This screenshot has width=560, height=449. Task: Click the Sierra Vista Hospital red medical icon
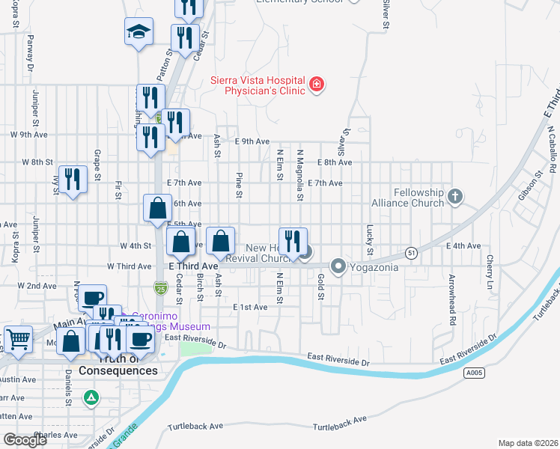(317, 84)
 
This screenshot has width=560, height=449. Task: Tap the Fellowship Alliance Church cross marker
(454, 198)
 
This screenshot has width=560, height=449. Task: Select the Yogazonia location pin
(338, 266)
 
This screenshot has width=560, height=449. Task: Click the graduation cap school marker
(139, 31)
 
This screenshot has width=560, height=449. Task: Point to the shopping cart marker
(18, 339)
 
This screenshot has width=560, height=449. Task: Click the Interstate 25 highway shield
(160, 287)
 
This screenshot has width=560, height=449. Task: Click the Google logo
(25, 440)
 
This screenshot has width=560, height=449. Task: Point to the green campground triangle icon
(91, 397)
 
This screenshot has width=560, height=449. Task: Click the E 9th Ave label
(252, 141)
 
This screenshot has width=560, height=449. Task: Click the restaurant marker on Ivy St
(73, 180)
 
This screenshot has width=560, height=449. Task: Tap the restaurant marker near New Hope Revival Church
(293, 241)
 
